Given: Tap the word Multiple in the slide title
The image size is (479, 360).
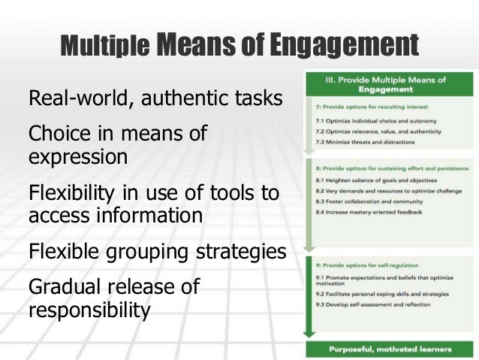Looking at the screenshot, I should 104,47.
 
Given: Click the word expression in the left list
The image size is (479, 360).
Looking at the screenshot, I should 77,158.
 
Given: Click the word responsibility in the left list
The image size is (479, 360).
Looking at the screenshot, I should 89,309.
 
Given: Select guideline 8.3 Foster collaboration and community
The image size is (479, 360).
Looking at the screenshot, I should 363,201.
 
